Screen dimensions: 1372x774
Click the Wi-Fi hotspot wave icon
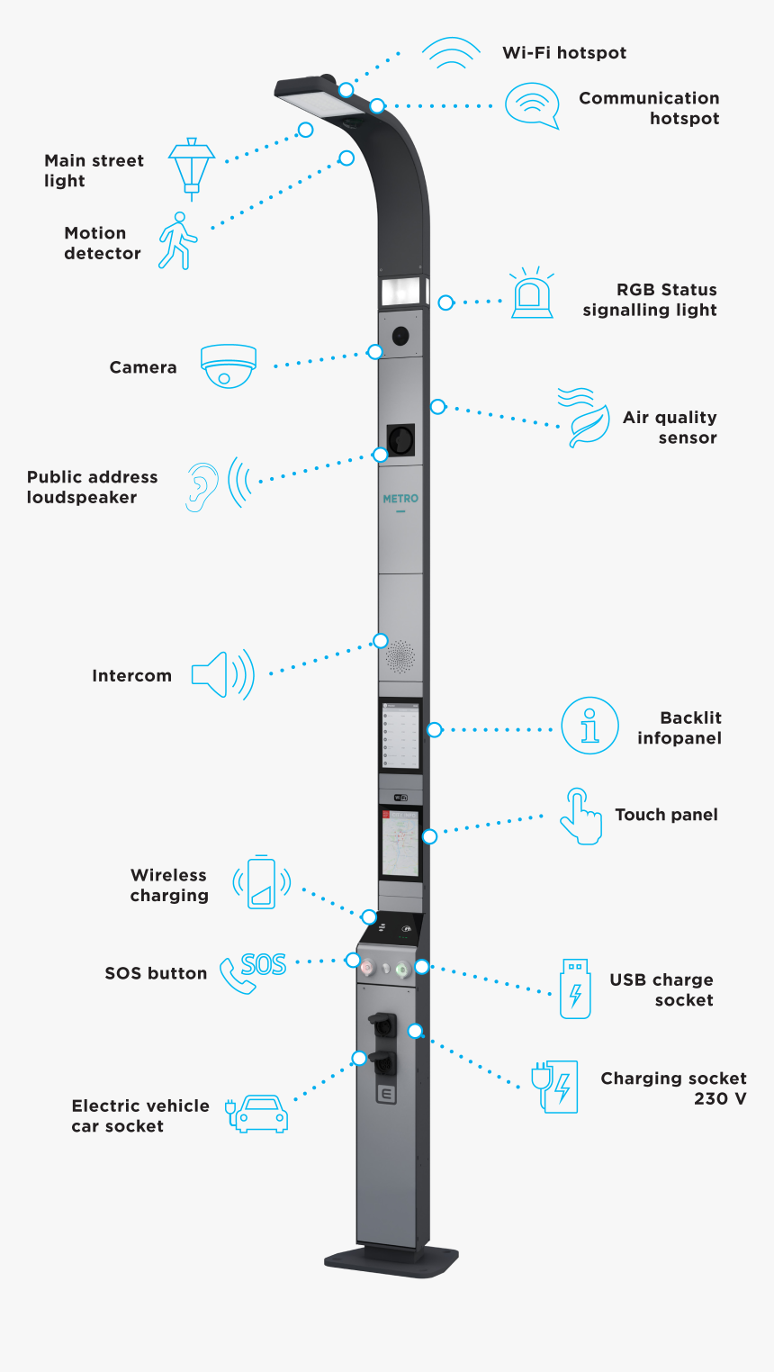coord(451,54)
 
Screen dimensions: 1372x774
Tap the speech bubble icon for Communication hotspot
coord(532,105)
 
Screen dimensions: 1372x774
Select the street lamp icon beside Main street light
coord(192,165)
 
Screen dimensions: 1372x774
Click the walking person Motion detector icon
coord(176,240)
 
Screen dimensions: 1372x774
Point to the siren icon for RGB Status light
coord(532,294)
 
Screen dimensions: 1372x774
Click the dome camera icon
coord(229,366)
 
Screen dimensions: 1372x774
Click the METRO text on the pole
coord(400,499)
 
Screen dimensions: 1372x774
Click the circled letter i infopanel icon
coord(589,726)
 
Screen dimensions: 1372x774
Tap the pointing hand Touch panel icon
coord(580,817)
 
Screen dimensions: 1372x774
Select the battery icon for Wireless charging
coord(261,882)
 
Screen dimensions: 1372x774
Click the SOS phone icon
coord(252,971)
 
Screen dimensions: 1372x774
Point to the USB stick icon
coord(575,988)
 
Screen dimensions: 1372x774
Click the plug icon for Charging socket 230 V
coord(554,1087)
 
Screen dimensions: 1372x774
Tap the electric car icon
coord(258,1113)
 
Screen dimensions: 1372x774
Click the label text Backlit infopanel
coord(679,727)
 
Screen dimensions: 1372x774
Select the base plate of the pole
coord(391,1260)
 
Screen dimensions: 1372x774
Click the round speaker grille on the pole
coord(400,657)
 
